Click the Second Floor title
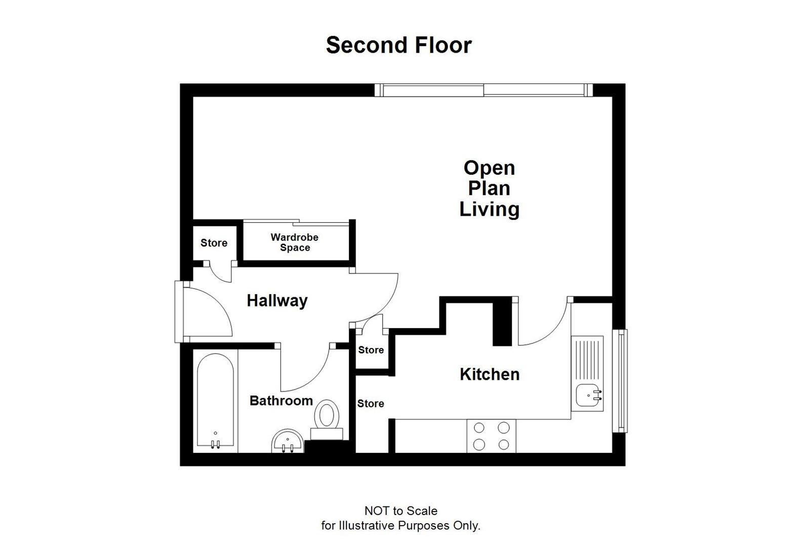coord(398,45)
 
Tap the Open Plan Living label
coord(489,188)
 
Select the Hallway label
coord(277,301)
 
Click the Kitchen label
coord(489,374)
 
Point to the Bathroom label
coord(281,401)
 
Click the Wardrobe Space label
coord(295,242)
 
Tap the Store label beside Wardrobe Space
coord(214,243)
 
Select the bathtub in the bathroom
coord(215,400)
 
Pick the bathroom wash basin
coord(288,442)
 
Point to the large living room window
coord(483,90)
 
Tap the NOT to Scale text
coord(400,511)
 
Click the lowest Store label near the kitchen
coord(371,404)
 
